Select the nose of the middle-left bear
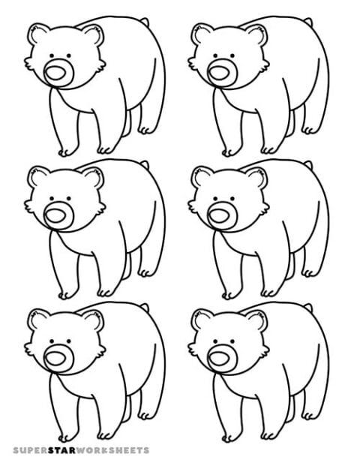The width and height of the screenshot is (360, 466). (x=57, y=215)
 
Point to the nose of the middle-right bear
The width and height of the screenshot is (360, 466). (x=220, y=215)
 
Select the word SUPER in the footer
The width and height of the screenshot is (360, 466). (x=30, y=450)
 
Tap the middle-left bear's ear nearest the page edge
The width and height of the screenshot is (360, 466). (x=36, y=177)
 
